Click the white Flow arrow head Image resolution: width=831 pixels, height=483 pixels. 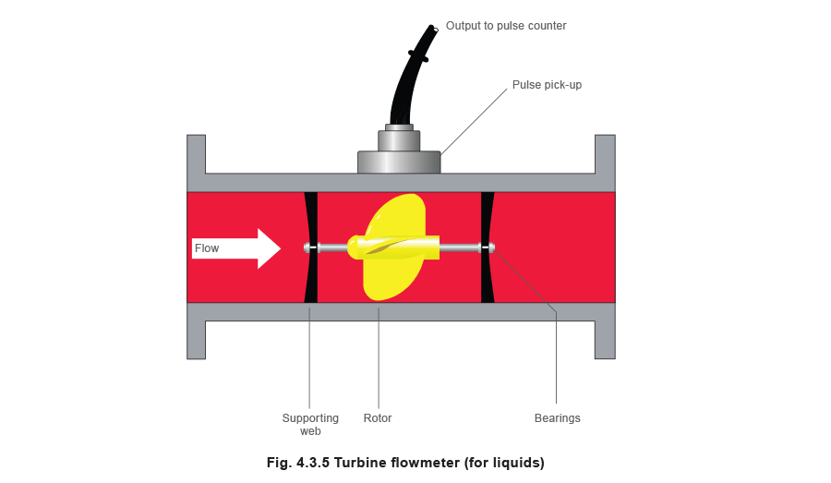pyautogui.click(x=268, y=248)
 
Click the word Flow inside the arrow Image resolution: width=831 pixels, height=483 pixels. pyautogui.click(x=207, y=248)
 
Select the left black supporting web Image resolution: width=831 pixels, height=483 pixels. pyautogui.click(x=311, y=277)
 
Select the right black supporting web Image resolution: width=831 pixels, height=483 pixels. pyautogui.click(x=488, y=277)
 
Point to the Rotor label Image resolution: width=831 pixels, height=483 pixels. pyautogui.click(x=377, y=418)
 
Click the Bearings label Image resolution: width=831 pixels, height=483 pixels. pyautogui.click(x=558, y=418)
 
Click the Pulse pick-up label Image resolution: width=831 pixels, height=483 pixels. pyautogui.click(x=547, y=85)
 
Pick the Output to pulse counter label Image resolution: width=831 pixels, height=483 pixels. pyautogui.click(x=505, y=26)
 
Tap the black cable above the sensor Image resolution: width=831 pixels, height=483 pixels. pyautogui.click(x=406, y=83)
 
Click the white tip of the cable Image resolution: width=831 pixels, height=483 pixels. pyautogui.click(x=435, y=29)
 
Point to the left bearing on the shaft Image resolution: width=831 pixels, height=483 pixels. pyautogui.click(x=311, y=247)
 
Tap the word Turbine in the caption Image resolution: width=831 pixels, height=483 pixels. pyautogui.click(x=367, y=462)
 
